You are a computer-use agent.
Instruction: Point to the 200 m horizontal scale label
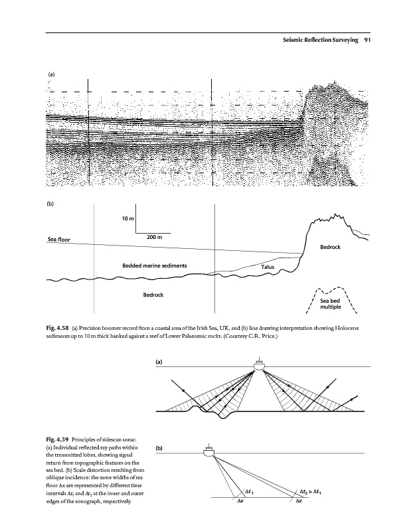click(x=155, y=238)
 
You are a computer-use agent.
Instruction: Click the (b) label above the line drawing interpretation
click(x=51, y=204)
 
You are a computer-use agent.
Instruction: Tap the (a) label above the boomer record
click(x=51, y=75)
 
